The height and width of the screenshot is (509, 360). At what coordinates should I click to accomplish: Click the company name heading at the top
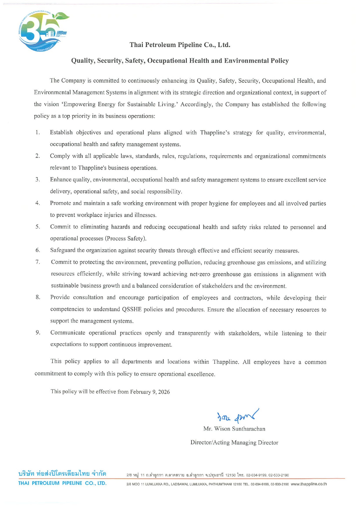pyautogui.click(x=180, y=45)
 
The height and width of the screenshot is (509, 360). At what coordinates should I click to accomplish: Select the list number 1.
pyautogui.click(x=37, y=132)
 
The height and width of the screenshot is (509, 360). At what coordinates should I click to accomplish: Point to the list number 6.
pyautogui.click(x=38, y=250)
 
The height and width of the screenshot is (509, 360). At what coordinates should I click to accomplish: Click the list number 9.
pyautogui.click(x=38, y=332)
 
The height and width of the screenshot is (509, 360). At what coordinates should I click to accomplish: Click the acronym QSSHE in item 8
pyautogui.click(x=132, y=309)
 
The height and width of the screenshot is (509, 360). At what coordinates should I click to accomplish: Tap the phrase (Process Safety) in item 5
pyautogui.click(x=126, y=239)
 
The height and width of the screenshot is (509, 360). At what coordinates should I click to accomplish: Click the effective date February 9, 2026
pyautogui.click(x=150, y=392)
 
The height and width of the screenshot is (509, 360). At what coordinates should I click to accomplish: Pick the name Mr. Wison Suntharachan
pyautogui.click(x=234, y=429)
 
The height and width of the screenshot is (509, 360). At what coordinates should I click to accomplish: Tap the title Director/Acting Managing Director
pyautogui.click(x=234, y=443)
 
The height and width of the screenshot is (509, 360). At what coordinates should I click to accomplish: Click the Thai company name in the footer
pyautogui.click(x=62, y=474)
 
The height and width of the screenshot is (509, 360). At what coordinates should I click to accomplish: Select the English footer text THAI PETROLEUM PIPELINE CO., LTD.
pyautogui.click(x=62, y=483)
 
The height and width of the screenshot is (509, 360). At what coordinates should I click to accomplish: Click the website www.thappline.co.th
pyautogui.click(x=308, y=484)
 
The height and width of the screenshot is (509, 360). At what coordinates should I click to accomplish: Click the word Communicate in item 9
pyautogui.click(x=68, y=333)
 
